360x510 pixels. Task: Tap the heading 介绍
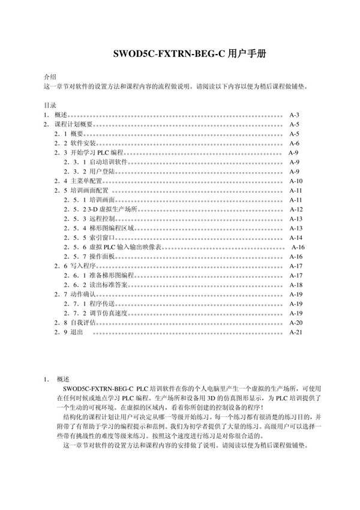click(50, 77)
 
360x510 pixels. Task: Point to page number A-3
click(294, 115)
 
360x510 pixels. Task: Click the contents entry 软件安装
click(82, 143)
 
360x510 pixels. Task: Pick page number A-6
click(294, 143)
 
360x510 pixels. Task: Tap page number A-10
click(295, 181)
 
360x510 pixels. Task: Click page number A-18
click(296, 284)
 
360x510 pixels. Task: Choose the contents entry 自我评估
click(82, 322)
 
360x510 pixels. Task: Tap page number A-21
click(296, 332)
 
